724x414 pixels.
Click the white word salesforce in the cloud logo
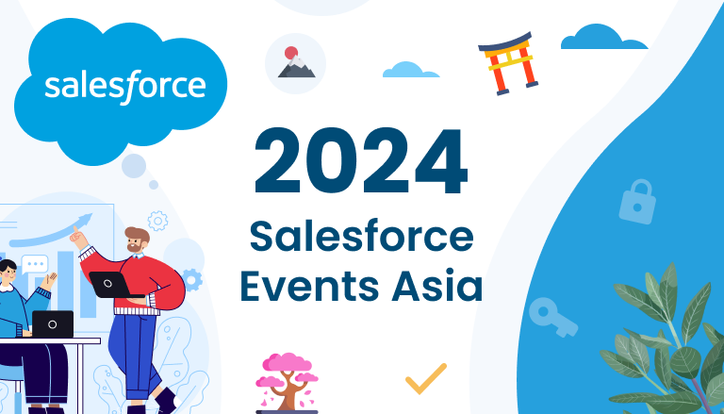125,85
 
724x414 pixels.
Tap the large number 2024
361,162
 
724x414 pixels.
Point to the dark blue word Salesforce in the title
361,237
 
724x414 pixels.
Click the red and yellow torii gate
507,64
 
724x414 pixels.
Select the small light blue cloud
410,70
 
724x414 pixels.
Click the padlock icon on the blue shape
636,201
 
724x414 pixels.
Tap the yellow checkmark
425,378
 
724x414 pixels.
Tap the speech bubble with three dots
35,265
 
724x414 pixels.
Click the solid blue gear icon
192,278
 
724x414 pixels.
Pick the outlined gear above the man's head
157,221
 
